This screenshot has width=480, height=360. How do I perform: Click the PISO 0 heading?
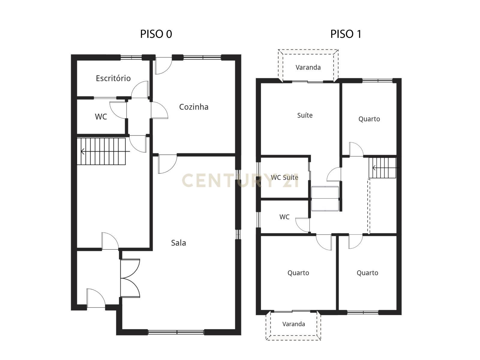(156, 34)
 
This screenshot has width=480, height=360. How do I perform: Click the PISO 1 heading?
(346, 34)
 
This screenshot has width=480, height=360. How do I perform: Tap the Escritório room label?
(113, 78)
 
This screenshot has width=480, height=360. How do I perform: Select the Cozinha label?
(193, 107)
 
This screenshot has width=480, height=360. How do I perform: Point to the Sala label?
(178, 243)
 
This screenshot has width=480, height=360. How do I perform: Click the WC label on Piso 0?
(101, 117)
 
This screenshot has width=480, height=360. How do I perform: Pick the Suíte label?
(305, 115)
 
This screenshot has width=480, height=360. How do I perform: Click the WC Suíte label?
(284, 177)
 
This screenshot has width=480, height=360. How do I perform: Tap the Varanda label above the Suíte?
(308, 67)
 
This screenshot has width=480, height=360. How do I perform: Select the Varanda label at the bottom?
(293, 324)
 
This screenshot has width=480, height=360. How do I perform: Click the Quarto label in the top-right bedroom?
(369, 119)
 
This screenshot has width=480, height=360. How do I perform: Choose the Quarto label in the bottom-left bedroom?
(298, 273)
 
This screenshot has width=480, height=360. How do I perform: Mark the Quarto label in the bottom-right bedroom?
(367, 273)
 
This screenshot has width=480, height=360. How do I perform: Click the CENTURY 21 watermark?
(240, 181)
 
